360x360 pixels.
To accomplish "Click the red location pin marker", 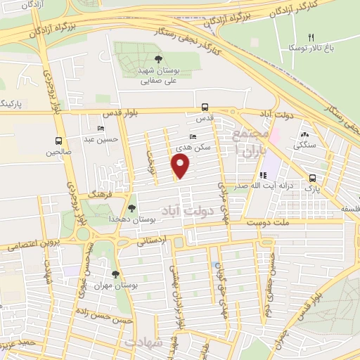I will coord(181,166).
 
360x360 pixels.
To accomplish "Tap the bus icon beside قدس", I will coord(205,108).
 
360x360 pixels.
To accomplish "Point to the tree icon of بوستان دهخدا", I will coord(131,207).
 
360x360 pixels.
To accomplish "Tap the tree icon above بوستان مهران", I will coord(115,274).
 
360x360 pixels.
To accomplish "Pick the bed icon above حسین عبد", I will coord(101,128).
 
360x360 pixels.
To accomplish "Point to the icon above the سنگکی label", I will coord(304,134).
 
